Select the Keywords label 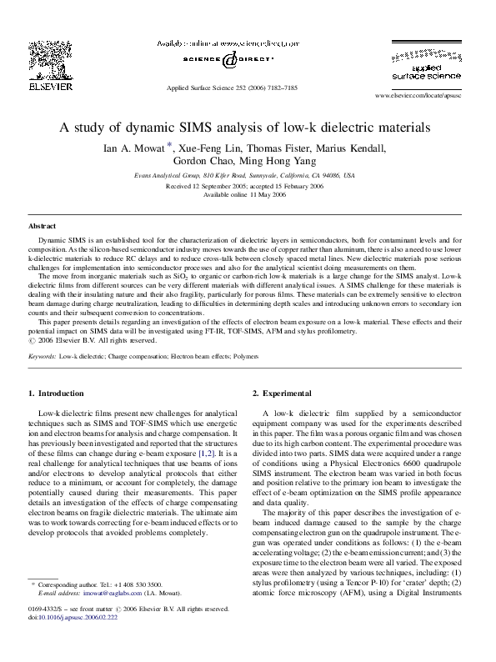42,356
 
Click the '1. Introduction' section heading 55,393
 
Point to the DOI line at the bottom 73,640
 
